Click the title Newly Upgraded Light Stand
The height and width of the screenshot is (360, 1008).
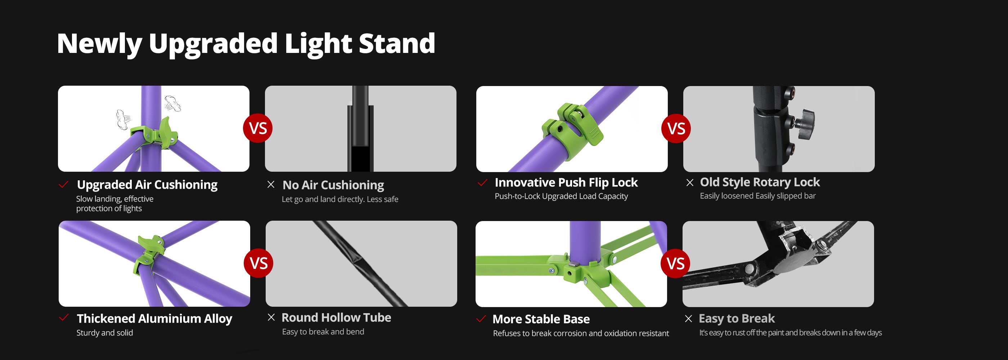(246, 44)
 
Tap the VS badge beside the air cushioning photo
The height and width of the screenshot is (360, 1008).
(258, 129)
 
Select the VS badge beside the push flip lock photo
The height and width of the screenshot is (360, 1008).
(676, 129)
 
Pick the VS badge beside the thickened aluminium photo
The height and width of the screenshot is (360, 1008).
(258, 264)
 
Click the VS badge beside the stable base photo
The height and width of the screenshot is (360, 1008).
(675, 264)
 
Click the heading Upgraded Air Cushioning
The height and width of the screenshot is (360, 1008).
(147, 185)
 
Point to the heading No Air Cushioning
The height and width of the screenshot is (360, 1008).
(333, 185)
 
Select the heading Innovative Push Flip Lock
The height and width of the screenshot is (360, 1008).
(566, 183)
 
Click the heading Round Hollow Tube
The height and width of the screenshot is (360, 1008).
(337, 318)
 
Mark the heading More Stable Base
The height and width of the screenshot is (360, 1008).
(541, 319)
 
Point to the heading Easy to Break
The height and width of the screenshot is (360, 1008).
(737, 319)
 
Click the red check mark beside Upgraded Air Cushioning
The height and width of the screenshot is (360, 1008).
(63, 184)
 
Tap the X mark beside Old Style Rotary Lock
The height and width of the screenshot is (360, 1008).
(690, 183)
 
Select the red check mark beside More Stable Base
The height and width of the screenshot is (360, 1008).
(481, 319)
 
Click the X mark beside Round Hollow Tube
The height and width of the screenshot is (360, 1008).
(271, 318)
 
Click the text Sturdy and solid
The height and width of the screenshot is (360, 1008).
(104, 333)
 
